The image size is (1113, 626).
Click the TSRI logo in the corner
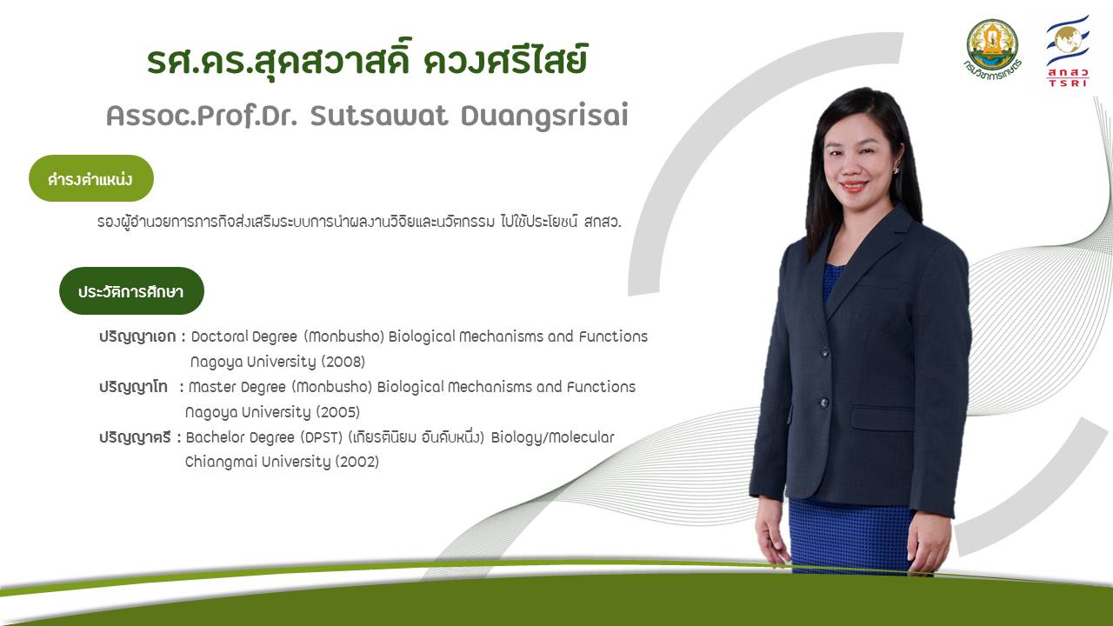(1067, 51)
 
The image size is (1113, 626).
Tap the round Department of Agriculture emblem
(992, 50)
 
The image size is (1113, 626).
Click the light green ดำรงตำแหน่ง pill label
(91, 178)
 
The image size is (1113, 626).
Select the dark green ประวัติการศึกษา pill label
(131, 290)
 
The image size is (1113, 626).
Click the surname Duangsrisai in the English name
(544, 117)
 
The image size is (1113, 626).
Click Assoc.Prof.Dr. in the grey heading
(202, 116)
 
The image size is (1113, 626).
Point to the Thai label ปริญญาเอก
(137, 336)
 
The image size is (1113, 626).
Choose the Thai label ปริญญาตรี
(135, 437)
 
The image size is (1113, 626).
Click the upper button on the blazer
(825, 353)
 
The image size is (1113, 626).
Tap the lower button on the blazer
(823, 403)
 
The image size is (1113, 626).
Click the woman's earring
(896, 170)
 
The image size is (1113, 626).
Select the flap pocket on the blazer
(883, 418)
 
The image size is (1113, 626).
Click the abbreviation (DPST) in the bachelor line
(322, 437)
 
